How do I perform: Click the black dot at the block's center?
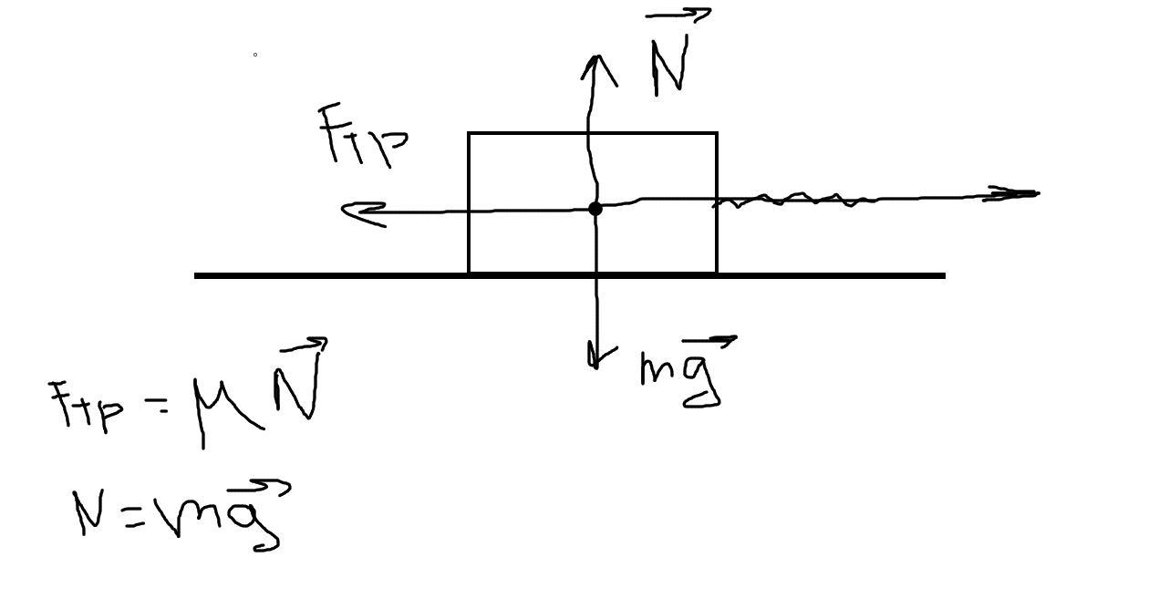pyautogui.click(x=595, y=209)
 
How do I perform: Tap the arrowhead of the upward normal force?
pyautogui.click(x=595, y=59)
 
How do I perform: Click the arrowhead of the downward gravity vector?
pyautogui.click(x=595, y=364)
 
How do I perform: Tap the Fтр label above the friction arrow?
pyautogui.click(x=361, y=137)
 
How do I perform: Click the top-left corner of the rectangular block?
pyautogui.click(x=469, y=133)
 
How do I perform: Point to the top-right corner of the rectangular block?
pyautogui.click(x=718, y=133)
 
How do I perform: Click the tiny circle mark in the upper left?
pyautogui.click(x=254, y=55)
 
